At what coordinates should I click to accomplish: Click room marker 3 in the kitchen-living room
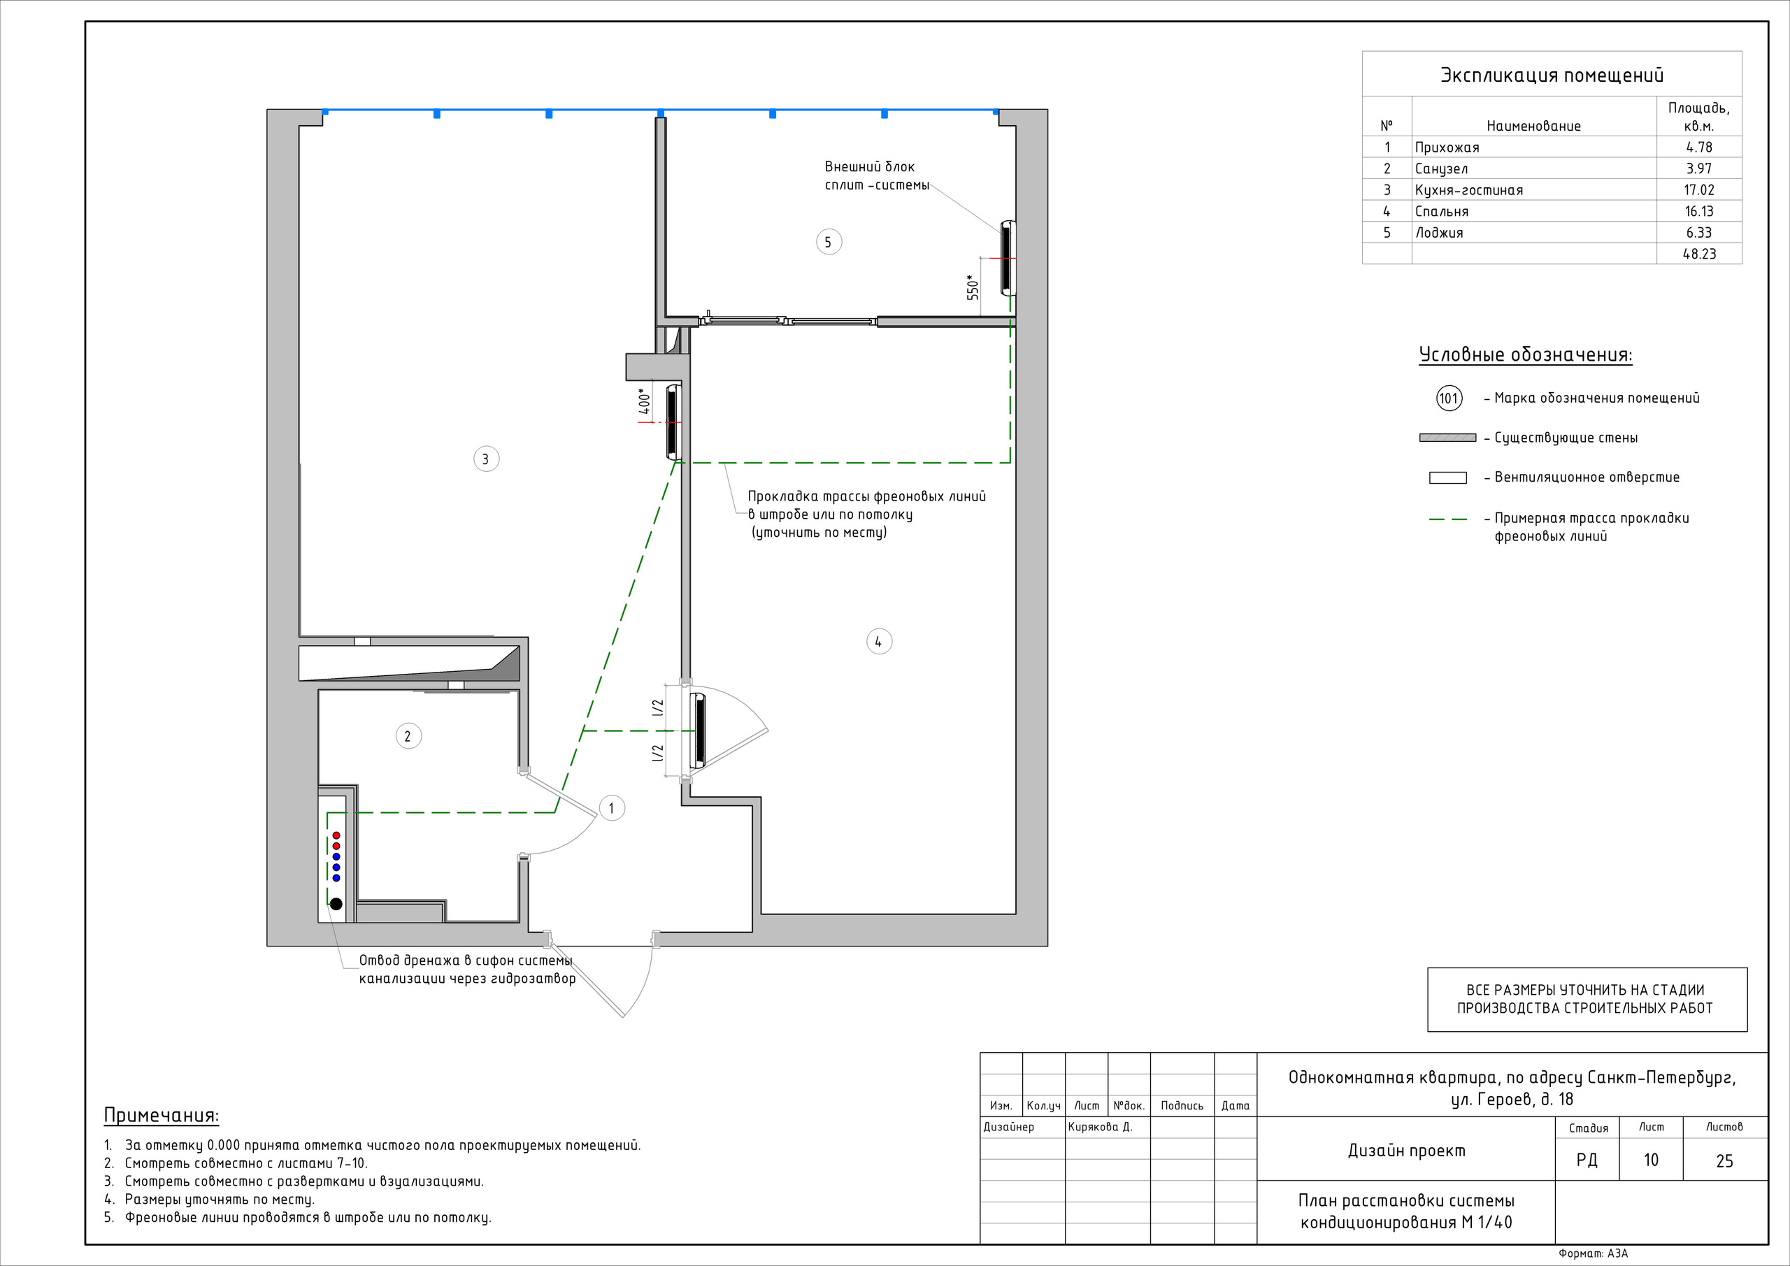pos(487,459)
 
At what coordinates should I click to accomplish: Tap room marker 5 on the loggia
pos(829,242)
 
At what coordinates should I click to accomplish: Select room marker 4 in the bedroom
pos(880,642)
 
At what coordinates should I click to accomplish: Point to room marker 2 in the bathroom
pos(408,736)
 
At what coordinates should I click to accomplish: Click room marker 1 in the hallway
pos(612,807)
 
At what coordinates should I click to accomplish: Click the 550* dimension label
pos(973,287)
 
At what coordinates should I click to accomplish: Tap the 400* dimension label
pos(645,401)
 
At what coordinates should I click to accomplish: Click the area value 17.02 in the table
pos(1699,189)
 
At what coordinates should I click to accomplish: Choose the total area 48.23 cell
pos(1699,253)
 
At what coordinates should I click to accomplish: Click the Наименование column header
pos(1533,127)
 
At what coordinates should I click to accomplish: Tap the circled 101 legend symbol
pos(1449,398)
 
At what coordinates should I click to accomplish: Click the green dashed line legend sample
pos(1448,519)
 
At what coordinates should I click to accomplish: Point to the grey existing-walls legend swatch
pos(1448,438)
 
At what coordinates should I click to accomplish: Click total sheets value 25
pos(1724,1160)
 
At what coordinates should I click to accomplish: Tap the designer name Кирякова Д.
pos(1100,1126)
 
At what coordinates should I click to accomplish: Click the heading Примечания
pos(162,1116)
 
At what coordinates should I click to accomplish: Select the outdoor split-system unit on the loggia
pos(1009,258)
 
